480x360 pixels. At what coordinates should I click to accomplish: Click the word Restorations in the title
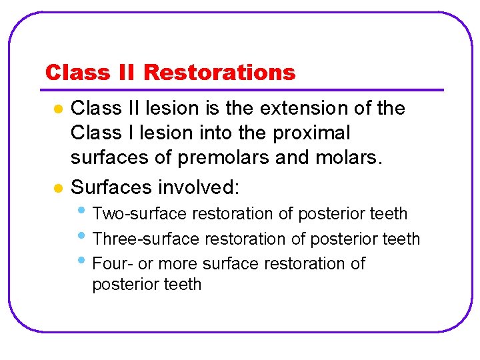pyautogui.click(x=219, y=72)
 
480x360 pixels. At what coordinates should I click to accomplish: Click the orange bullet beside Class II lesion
pyautogui.click(x=58, y=109)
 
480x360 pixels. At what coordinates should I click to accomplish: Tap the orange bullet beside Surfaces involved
pyautogui.click(x=58, y=187)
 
